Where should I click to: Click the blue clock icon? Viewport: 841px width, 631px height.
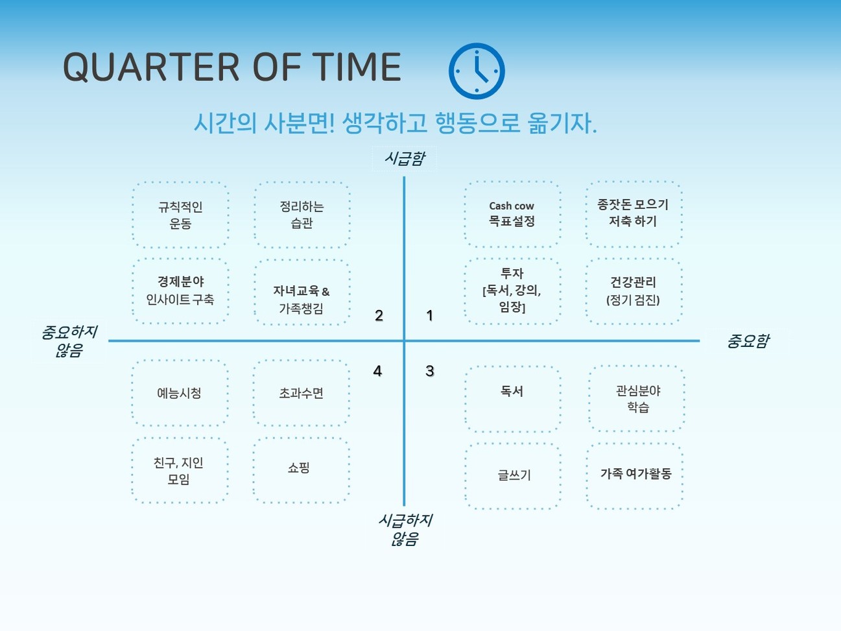[477, 71]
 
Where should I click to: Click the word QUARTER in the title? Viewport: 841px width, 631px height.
[151, 67]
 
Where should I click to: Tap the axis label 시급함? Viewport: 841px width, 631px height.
[405, 158]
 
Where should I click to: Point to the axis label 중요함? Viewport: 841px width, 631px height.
[748, 340]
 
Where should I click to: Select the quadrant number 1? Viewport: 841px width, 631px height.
[429, 316]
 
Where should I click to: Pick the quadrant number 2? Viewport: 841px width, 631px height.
[379, 316]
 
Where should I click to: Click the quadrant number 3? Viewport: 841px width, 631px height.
[429, 371]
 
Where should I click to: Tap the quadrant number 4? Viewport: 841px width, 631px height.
[378, 371]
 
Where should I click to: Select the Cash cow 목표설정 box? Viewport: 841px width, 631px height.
[512, 214]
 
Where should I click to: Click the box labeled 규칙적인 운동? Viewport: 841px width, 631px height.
[180, 215]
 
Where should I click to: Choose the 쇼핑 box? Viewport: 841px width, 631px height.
[301, 470]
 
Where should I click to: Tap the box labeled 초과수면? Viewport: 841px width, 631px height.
[301, 393]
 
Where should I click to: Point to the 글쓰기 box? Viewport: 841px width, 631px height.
[513, 476]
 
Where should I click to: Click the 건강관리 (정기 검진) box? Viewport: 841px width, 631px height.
[634, 291]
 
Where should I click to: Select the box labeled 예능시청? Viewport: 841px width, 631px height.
[180, 393]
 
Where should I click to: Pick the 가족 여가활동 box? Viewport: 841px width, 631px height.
[635, 476]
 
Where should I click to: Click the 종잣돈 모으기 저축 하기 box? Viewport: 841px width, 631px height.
[634, 214]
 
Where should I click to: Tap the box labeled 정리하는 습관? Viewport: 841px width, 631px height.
[302, 215]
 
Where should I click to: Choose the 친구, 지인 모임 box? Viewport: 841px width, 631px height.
[180, 470]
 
